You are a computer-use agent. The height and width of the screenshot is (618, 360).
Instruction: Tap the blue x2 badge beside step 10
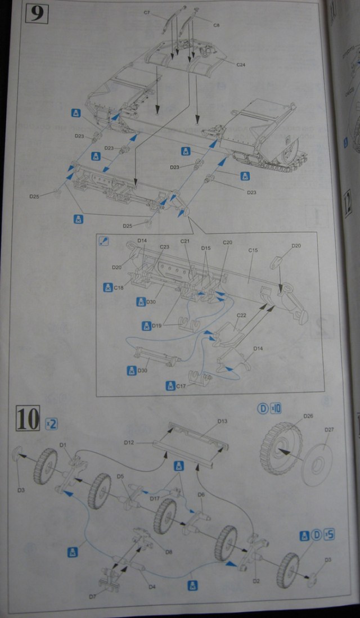[x=51, y=423]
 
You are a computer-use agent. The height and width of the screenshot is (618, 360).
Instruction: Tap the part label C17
[x=181, y=386]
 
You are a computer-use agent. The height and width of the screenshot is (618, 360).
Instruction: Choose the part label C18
[x=118, y=287]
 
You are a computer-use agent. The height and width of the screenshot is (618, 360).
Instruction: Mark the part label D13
[x=222, y=421]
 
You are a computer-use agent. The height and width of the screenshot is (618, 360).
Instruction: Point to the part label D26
[x=308, y=416]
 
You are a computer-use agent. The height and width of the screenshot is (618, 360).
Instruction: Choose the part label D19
[x=156, y=326]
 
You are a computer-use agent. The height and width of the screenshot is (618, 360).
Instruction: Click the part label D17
[x=155, y=498]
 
